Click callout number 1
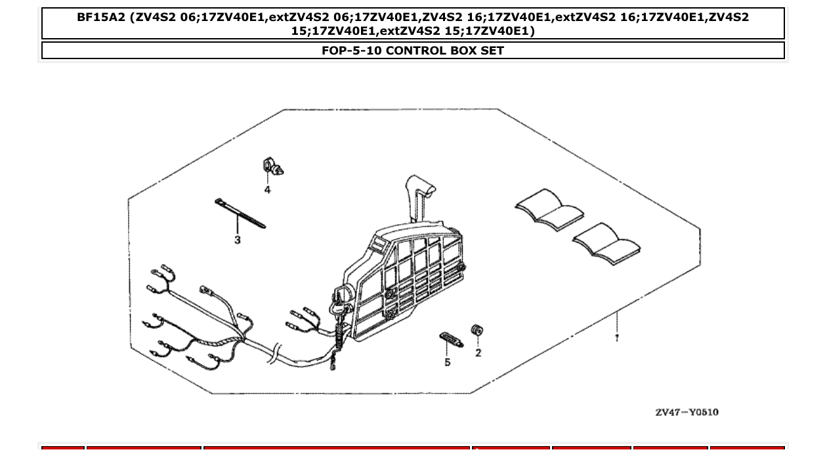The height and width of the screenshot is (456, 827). [x=617, y=338]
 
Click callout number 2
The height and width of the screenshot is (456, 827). [x=478, y=353]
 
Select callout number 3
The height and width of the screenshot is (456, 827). [x=238, y=240]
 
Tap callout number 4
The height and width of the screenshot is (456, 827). [x=268, y=190]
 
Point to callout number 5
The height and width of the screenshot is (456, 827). [x=448, y=362]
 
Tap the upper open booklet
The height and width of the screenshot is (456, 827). [x=549, y=209]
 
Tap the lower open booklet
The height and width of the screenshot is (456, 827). [x=606, y=243]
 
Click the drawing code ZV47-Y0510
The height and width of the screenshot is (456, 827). [x=687, y=412]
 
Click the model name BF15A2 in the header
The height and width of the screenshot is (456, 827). [x=101, y=18]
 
